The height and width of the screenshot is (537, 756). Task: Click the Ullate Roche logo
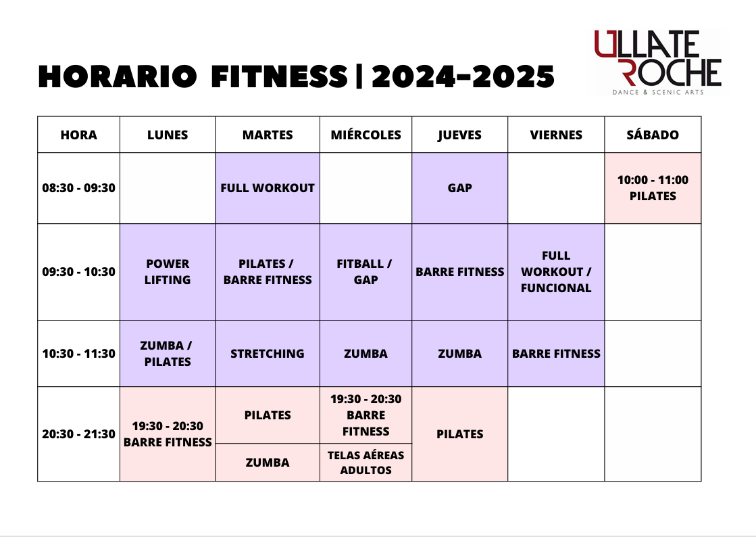point(657,62)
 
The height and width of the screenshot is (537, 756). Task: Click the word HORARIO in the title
point(118,76)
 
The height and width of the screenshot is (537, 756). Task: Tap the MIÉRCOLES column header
point(366,135)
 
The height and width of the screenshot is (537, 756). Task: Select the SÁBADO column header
point(653,135)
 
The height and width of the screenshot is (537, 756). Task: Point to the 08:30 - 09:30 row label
point(78,188)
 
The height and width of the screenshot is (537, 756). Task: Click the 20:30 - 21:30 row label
point(78,434)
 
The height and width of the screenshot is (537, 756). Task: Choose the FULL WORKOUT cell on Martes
point(268,188)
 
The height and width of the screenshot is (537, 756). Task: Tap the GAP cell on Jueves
point(459,188)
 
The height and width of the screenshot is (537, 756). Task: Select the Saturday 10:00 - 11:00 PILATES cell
point(653,188)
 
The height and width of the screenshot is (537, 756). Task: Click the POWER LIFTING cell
point(168,272)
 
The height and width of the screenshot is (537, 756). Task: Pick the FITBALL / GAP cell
point(366,272)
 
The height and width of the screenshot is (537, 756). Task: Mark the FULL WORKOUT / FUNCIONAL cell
point(556,272)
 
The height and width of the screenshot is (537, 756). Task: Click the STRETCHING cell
point(268,353)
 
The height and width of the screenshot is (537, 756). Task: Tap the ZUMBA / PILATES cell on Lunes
point(168,353)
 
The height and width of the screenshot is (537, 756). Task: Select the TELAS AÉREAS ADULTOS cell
point(366,462)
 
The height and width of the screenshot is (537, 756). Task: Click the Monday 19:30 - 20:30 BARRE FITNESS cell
point(168,434)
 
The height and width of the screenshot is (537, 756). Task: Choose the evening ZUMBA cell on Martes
point(268,462)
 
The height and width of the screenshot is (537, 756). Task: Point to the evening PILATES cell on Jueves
point(459,434)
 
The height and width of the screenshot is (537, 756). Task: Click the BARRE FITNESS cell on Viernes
point(556,353)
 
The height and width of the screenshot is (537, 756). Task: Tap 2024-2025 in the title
point(463,76)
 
